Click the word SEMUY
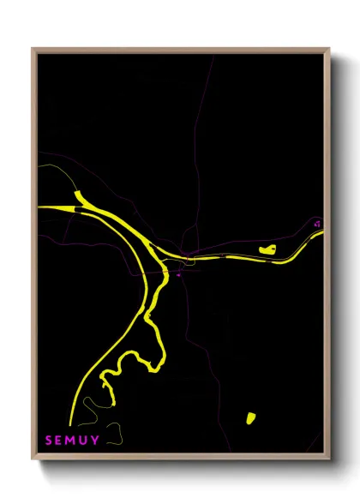click(x=72, y=441)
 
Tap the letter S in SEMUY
click(x=49, y=441)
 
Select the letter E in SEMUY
click(x=60, y=441)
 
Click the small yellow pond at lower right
click(x=251, y=418)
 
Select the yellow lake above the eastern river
click(x=267, y=249)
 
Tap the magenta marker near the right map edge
click(x=318, y=224)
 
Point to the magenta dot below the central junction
click(x=178, y=275)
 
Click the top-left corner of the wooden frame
click(x=33, y=49)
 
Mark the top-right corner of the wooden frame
click(x=329, y=49)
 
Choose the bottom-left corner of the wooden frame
click(x=33, y=459)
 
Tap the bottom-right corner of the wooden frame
click(x=329, y=459)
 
